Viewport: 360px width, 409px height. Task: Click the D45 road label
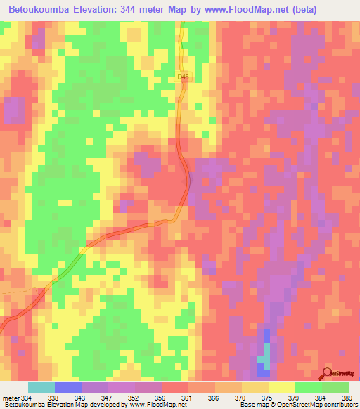tap(184, 77)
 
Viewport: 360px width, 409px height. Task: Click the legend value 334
tap(27, 397)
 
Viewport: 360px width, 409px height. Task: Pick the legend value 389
tap(347, 397)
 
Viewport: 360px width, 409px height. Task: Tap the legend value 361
tap(186, 397)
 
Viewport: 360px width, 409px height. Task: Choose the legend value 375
tap(266, 397)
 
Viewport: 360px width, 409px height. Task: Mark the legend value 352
tap(133, 397)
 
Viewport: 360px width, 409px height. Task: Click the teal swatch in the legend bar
tap(41, 387)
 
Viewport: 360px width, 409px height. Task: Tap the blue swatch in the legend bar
tap(67, 387)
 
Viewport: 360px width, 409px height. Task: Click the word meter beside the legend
tap(10, 397)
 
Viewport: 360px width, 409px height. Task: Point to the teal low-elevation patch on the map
tap(263, 361)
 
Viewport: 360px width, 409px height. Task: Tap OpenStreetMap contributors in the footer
tap(321, 405)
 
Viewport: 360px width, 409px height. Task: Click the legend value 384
tap(320, 397)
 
